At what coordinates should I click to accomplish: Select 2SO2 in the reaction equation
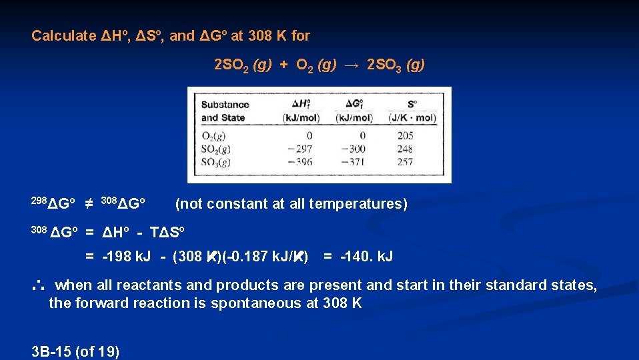[229, 65]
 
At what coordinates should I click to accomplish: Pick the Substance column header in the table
[225, 104]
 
